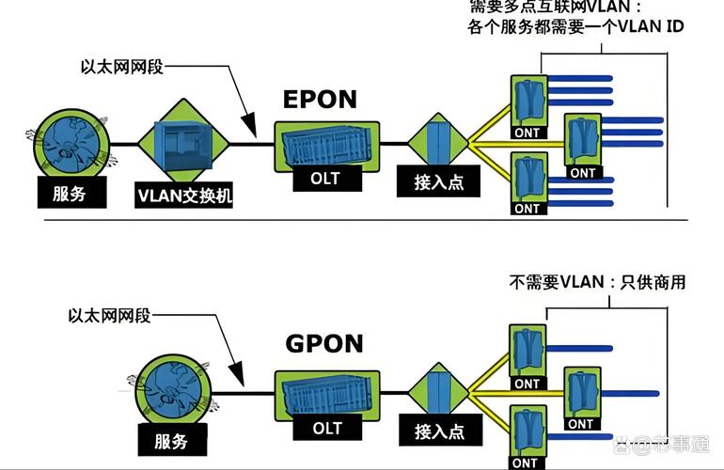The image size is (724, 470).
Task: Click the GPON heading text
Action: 323,343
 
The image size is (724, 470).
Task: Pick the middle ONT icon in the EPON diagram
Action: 582,141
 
